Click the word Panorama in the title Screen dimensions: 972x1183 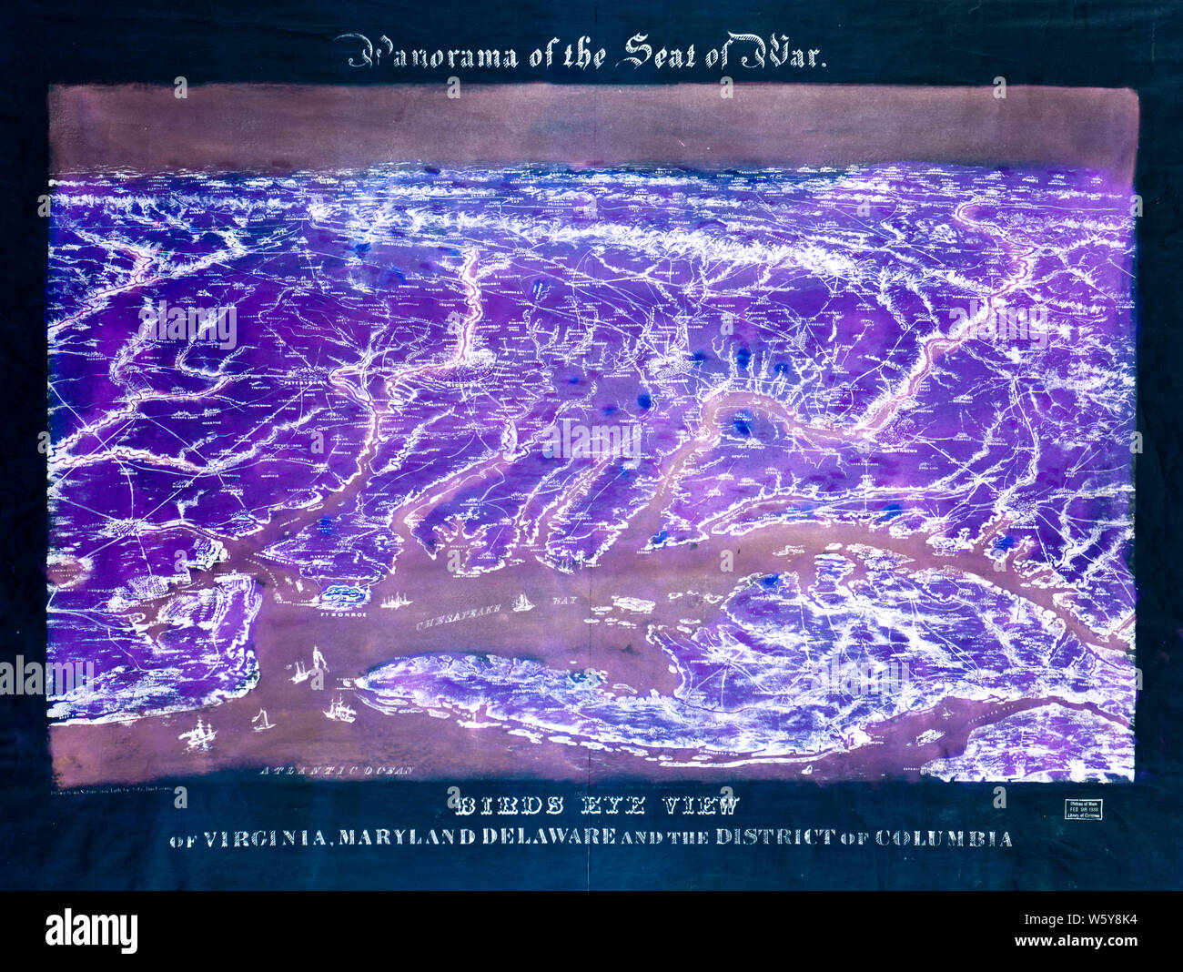(427, 56)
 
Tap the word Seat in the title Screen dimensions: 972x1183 (647, 54)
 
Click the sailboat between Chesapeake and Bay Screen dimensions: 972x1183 (522, 602)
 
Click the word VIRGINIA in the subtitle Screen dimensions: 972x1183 (260, 837)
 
